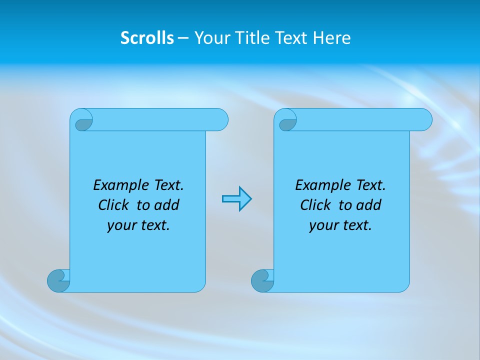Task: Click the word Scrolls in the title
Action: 147,38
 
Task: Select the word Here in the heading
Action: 332,38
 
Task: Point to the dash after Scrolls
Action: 183,38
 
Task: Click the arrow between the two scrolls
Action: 236,199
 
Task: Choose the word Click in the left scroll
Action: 113,205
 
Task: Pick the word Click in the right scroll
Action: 315,205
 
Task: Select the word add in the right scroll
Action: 369,205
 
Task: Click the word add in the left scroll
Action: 167,205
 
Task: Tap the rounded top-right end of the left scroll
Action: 219,119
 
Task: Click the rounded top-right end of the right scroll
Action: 423,119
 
